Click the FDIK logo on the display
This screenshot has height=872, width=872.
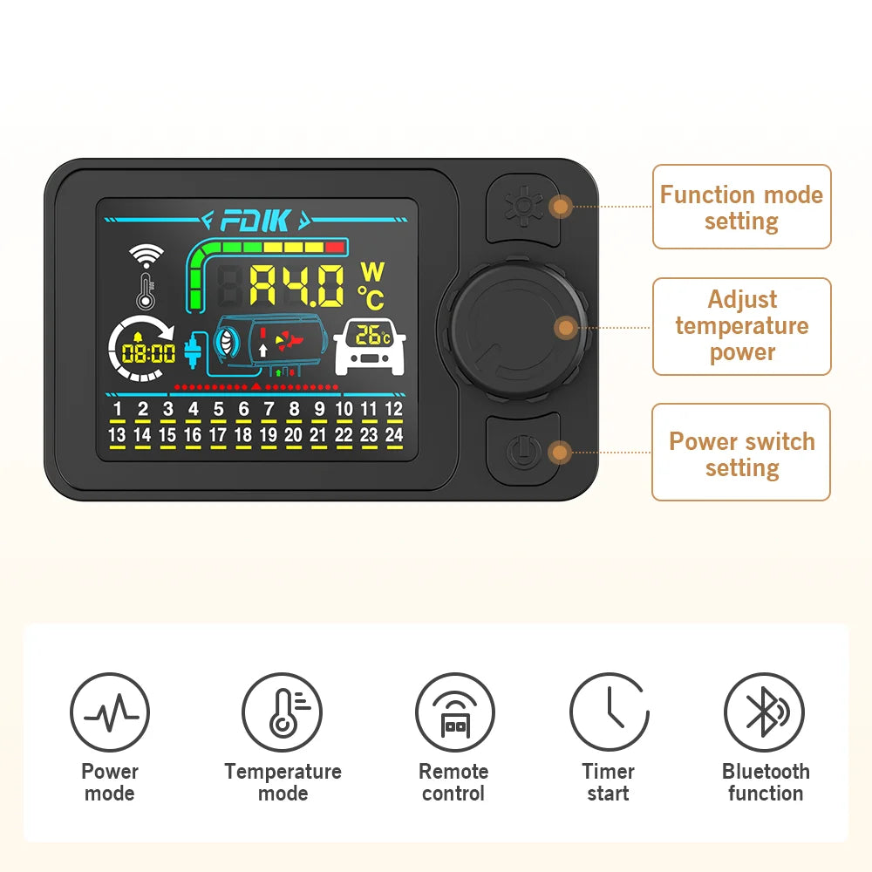(255, 221)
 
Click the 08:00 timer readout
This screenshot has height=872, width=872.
(148, 353)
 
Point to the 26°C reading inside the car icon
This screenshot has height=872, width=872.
(372, 336)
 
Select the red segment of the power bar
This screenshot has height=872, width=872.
(335, 248)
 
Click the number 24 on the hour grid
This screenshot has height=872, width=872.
(394, 434)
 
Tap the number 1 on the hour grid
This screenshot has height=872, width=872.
(118, 409)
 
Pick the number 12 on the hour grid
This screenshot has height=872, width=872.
(394, 409)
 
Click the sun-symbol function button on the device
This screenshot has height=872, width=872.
(522, 208)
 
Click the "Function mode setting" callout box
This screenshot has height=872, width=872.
(741, 207)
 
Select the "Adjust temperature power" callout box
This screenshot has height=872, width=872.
(741, 326)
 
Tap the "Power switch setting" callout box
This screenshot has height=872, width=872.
(741, 452)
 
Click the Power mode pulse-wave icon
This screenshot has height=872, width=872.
(110, 712)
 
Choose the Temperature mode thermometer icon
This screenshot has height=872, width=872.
(282, 712)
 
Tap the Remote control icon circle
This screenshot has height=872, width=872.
(455, 712)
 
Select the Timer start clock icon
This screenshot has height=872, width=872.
(609, 712)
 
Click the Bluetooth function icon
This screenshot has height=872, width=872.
(764, 712)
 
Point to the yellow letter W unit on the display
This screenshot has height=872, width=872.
(372, 272)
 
